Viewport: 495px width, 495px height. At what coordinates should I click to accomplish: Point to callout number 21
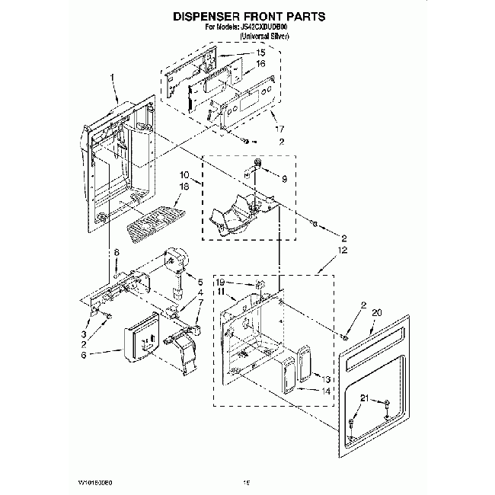[x=365, y=398]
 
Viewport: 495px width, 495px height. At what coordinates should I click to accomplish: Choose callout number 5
[x=200, y=283]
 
